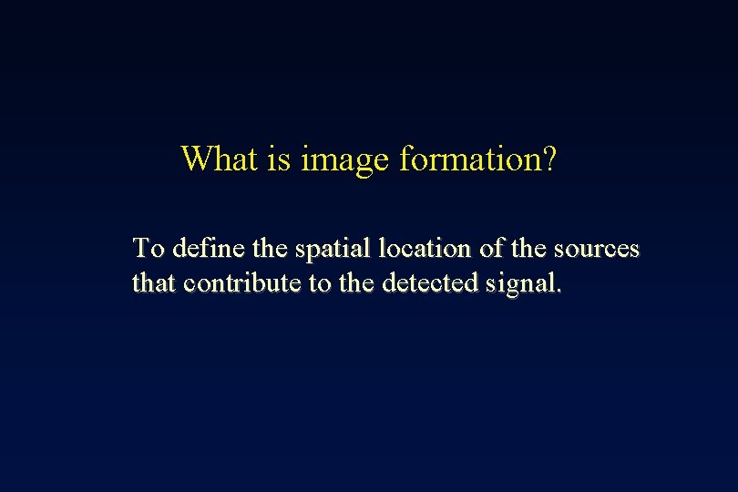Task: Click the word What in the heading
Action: (x=220, y=159)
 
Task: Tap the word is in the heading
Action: (x=278, y=159)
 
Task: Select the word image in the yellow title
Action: (x=345, y=160)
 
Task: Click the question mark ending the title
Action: (x=548, y=159)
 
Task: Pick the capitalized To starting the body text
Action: (x=149, y=248)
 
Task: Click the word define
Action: (x=205, y=248)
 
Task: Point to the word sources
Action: (x=600, y=249)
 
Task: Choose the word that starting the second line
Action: (x=154, y=283)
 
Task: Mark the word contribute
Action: (x=242, y=283)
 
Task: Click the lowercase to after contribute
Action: (x=320, y=283)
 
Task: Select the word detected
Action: (x=425, y=283)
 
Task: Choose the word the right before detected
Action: (x=358, y=283)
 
